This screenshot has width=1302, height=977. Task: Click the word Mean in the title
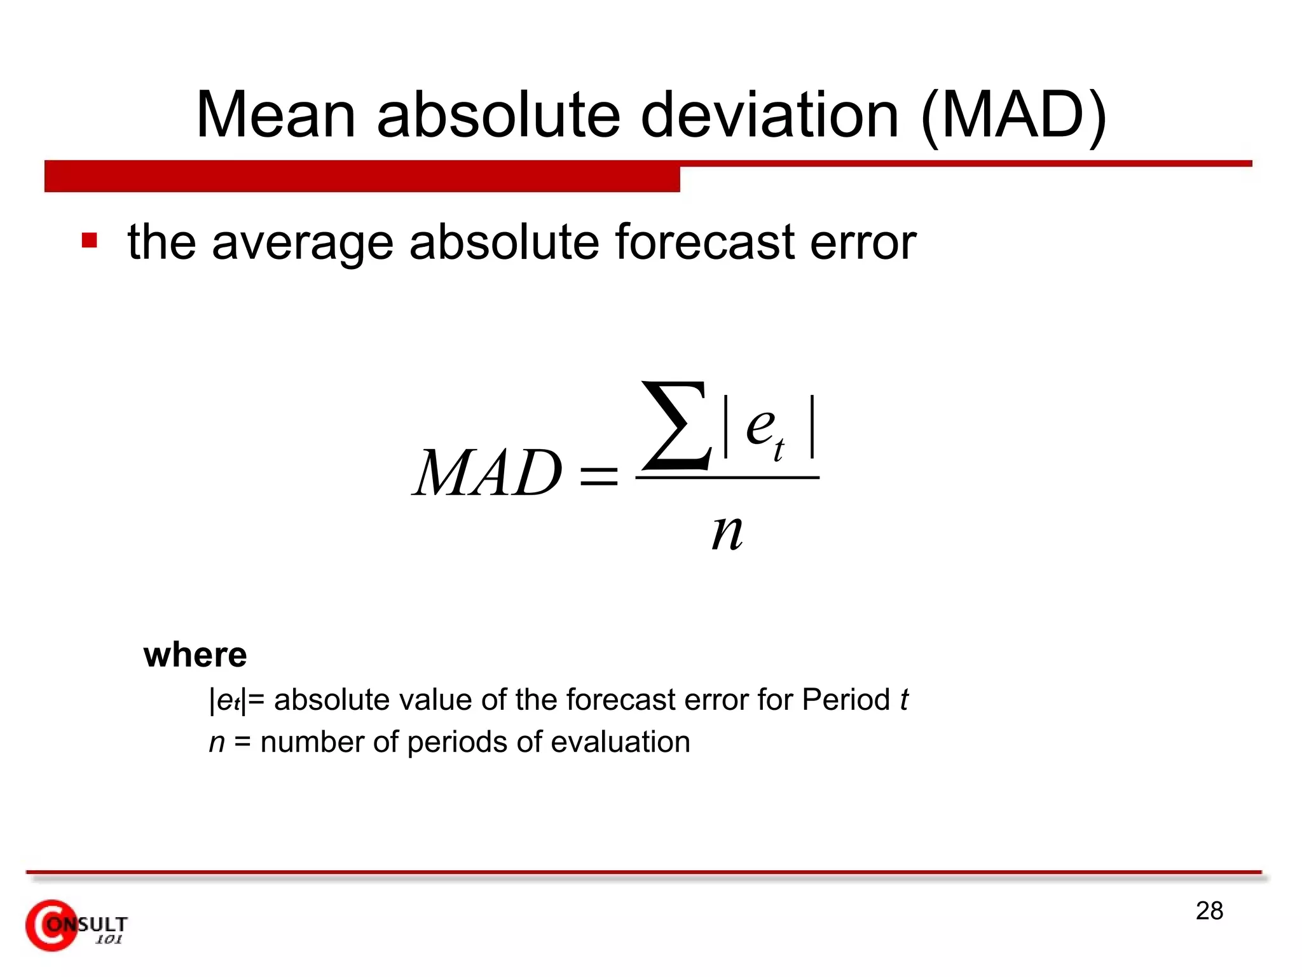(275, 115)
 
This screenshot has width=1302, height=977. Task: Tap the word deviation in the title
(769, 115)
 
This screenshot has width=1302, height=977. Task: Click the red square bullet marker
(90, 241)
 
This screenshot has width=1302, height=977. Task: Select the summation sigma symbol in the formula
(675, 425)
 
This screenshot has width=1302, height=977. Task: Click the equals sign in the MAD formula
(599, 476)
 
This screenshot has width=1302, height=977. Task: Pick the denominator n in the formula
(727, 532)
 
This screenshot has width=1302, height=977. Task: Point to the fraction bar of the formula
(727, 477)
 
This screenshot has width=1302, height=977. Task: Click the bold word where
(195, 655)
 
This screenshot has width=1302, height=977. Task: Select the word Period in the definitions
(846, 700)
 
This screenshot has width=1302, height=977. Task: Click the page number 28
(1209, 911)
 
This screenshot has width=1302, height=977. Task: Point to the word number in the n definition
(312, 742)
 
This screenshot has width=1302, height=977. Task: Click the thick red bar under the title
(362, 176)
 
